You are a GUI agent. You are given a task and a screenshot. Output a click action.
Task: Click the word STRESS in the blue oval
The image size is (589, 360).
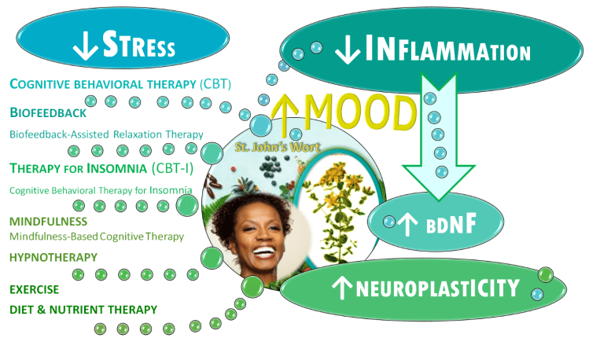[x=140, y=47]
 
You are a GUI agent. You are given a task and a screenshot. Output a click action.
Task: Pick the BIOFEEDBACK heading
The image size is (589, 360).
[x=48, y=114]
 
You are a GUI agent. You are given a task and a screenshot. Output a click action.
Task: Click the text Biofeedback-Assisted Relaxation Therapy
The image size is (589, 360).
[x=106, y=134]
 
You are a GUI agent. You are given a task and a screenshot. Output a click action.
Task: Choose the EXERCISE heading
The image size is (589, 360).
[x=35, y=289]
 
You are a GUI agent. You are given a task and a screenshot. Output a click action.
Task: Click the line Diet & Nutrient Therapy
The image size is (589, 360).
[x=83, y=309]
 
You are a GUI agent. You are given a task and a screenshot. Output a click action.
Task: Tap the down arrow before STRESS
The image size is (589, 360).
[x=83, y=47]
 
